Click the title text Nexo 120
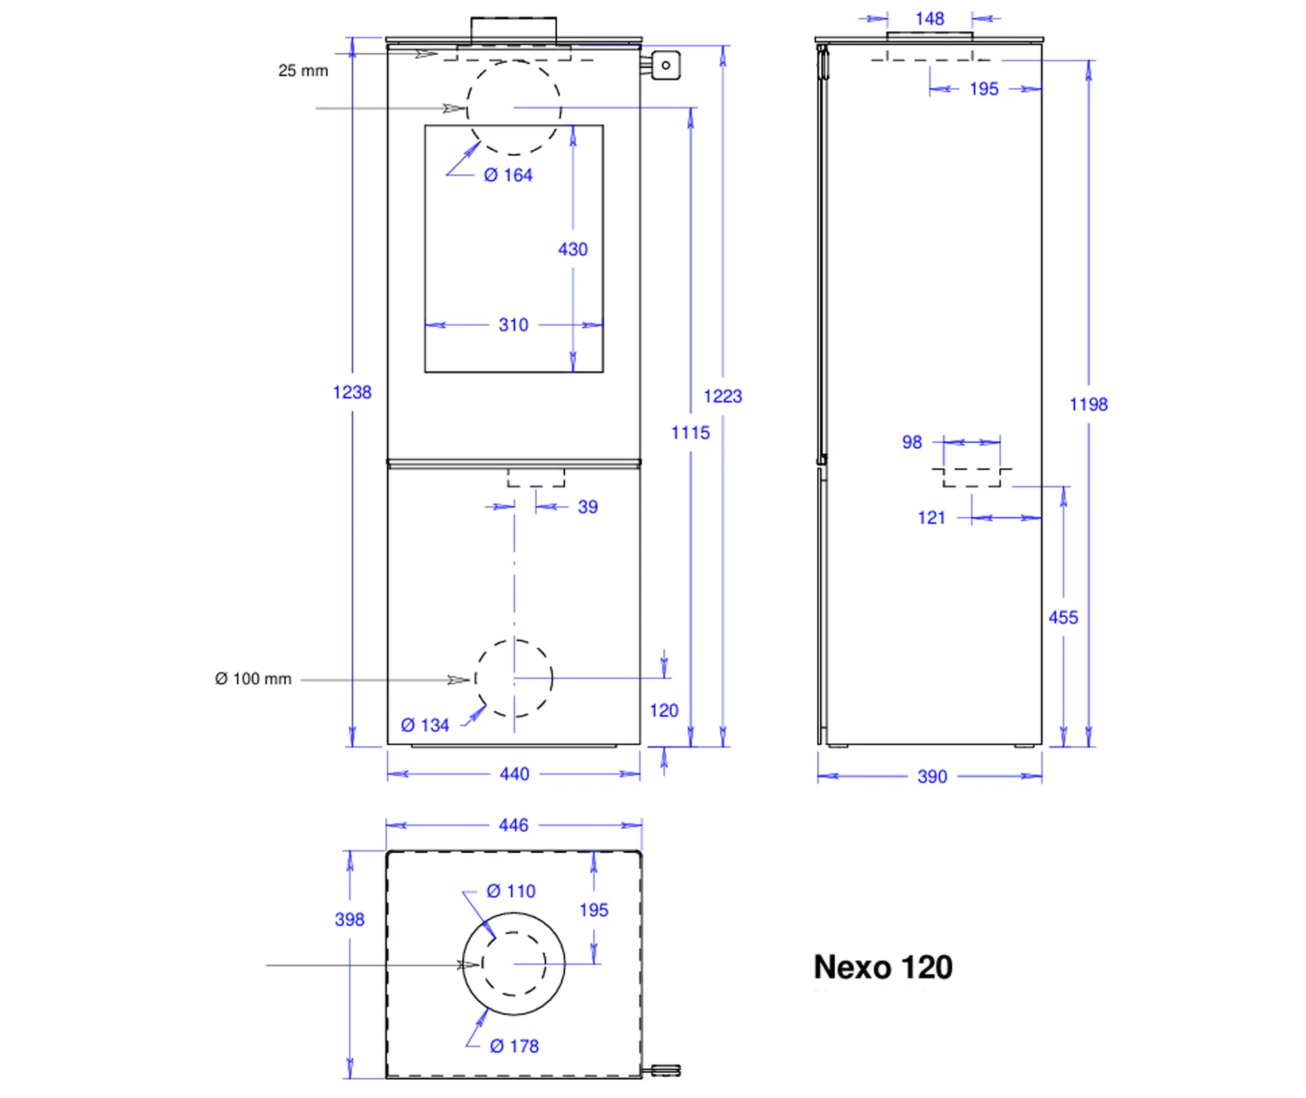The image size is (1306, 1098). [x=883, y=967]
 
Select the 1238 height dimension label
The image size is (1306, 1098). [x=352, y=392]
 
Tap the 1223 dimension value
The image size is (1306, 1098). [x=723, y=396]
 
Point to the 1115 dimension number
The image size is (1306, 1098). [x=690, y=433]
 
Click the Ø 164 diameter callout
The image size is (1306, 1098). [x=508, y=175]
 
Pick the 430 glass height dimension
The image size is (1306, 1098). [x=572, y=249]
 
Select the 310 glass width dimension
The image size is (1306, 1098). [x=514, y=325]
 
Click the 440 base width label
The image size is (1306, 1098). [x=514, y=775]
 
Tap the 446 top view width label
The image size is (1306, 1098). [x=514, y=825]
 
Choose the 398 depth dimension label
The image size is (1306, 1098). [x=350, y=920]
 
